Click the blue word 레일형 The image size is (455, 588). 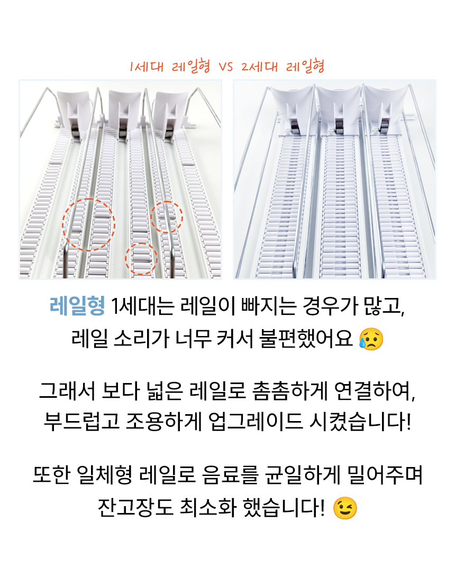[77, 306]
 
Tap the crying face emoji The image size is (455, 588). [371, 339]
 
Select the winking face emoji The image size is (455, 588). [345, 509]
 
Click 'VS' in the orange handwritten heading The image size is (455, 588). [226, 67]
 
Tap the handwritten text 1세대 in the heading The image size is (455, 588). [147, 67]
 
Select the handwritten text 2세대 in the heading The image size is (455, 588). [260, 67]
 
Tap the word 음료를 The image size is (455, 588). [230, 475]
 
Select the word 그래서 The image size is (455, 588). [67, 391]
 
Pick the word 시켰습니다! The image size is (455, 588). [360, 422]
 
